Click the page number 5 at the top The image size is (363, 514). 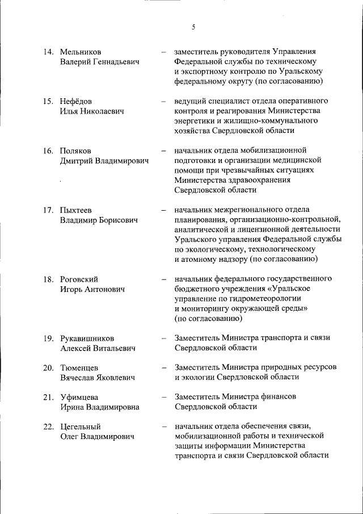point(193,27)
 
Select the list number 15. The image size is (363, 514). point(48,101)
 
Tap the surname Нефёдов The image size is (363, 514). point(76,101)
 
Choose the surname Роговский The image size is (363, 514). point(79,279)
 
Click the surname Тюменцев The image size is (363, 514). point(79,367)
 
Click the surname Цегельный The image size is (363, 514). point(81,427)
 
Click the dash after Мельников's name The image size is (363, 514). point(163,52)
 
